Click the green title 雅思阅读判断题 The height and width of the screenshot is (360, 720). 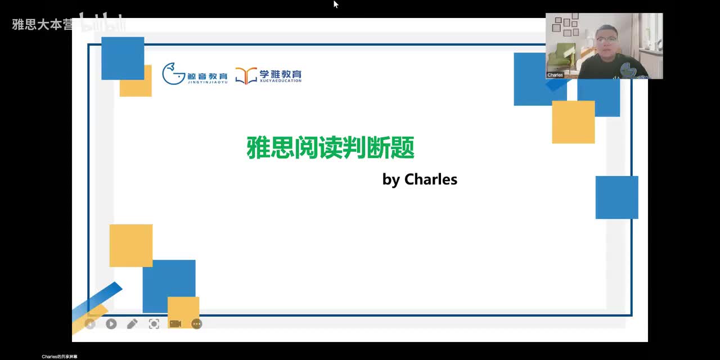(330, 148)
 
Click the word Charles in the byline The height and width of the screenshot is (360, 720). (431, 179)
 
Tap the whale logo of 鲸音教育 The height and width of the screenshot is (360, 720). (173, 74)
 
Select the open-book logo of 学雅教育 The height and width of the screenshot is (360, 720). (246, 75)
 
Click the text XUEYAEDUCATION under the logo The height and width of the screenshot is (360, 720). (280, 81)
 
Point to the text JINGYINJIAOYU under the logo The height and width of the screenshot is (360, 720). (207, 82)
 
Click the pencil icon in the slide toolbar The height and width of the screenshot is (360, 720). (132, 324)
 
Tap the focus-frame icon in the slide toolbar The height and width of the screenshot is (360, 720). (154, 324)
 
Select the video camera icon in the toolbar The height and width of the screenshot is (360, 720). (175, 324)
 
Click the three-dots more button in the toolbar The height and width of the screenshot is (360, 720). (196, 324)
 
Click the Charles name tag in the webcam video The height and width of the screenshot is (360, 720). (555, 75)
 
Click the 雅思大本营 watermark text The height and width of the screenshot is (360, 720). (42, 25)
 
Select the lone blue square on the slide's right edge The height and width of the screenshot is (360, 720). (616, 197)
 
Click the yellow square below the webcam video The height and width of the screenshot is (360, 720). (573, 122)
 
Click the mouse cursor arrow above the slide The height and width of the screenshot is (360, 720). (336, 4)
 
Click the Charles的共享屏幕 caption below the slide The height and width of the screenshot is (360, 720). (60, 357)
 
